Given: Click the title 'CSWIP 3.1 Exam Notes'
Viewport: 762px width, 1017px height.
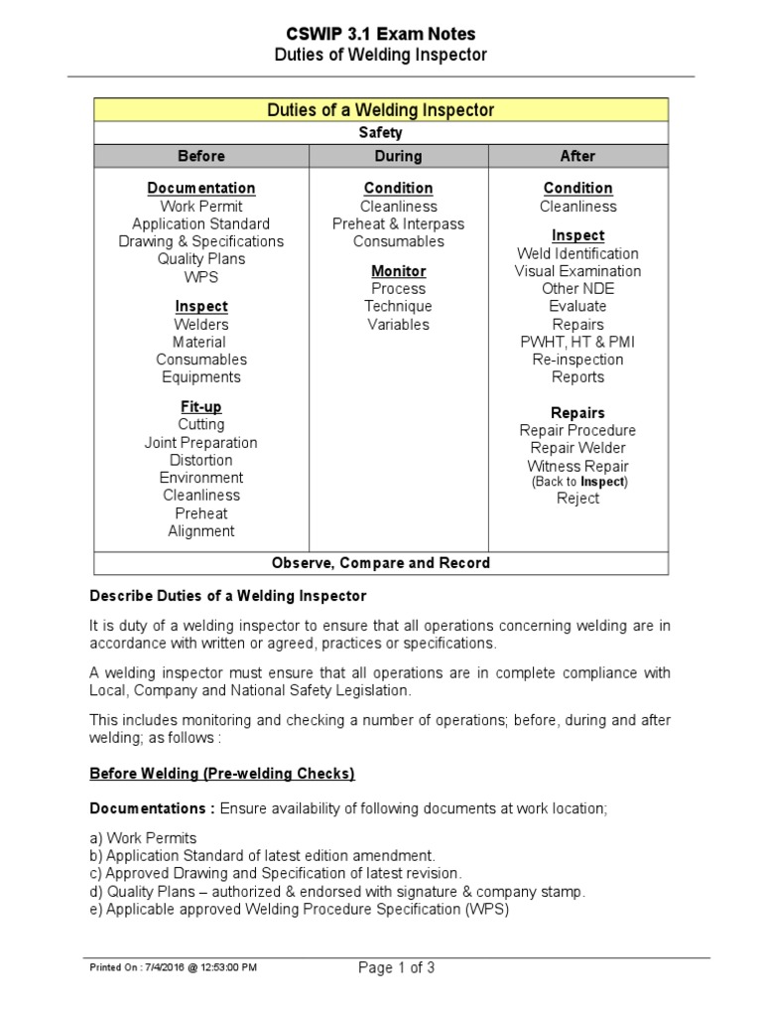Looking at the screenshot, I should (380, 34).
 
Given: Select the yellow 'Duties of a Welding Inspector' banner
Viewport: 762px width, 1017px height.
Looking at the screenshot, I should (381, 110).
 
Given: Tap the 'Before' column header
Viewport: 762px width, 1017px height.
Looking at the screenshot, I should (201, 156).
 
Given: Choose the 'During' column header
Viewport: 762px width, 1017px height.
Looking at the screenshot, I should (398, 156).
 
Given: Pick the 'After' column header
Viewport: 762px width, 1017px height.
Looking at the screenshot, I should (577, 156).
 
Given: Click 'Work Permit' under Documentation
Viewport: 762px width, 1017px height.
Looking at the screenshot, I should (201, 207).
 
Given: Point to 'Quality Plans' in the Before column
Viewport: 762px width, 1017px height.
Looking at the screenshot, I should (201, 259).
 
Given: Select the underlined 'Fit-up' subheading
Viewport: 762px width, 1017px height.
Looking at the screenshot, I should (201, 407).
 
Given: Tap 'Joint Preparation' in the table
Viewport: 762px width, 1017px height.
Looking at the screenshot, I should (201, 443).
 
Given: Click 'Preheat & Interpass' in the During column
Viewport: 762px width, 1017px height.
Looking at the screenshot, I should (398, 224).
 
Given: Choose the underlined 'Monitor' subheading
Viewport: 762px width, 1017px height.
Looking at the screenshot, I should (398, 271).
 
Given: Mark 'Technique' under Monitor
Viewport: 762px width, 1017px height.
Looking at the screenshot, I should (398, 307).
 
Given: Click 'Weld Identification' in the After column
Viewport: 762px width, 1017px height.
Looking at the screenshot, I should (577, 253).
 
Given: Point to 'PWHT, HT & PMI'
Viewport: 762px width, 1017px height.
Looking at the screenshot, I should (577, 342).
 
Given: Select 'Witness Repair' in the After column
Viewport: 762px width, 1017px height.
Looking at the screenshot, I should (577, 466).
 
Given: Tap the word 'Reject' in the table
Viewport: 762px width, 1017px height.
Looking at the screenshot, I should (577, 499).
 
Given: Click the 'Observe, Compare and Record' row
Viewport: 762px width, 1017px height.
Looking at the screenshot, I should (381, 563).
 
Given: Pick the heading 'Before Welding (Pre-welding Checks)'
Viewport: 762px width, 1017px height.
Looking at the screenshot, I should (222, 773).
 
